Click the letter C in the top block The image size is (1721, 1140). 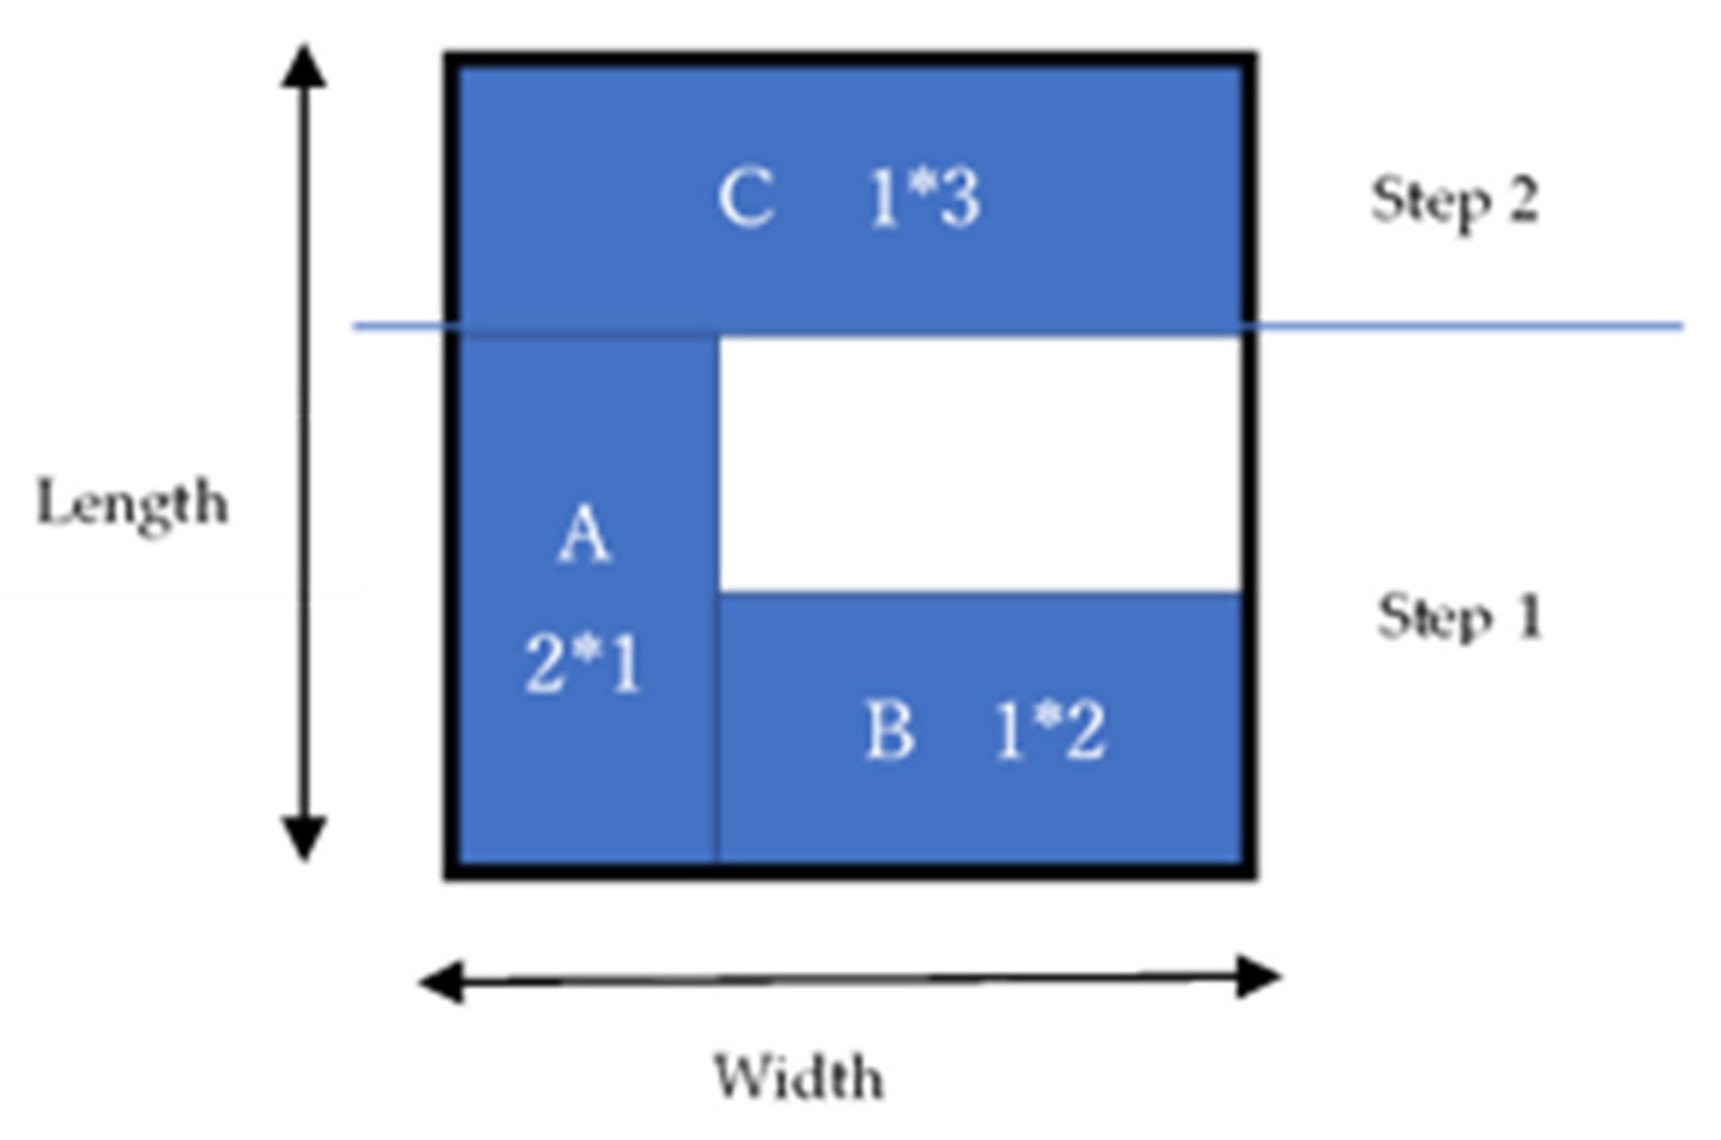coord(746,199)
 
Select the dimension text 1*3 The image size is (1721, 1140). coord(924,199)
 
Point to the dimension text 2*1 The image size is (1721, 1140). coord(583,664)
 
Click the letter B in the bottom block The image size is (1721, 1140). coord(889,732)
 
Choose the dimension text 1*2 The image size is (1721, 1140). coord(1050,732)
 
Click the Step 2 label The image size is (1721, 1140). coord(1455,201)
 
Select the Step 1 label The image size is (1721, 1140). coord(1460,616)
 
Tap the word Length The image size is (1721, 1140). coord(131,504)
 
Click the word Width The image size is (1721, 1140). coord(798,1078)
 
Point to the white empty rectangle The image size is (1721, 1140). coord(979,463)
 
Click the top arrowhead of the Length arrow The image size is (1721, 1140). coord(304,67)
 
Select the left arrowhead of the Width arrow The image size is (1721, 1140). coord(441,982)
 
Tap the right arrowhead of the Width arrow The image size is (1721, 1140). coord(1259,977)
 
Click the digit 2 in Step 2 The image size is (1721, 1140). coord(1519,201)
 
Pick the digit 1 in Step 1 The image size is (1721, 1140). coord(1529,616)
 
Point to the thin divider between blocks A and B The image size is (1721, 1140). coord(717,728)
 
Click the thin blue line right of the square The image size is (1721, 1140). coord(1465,326)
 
